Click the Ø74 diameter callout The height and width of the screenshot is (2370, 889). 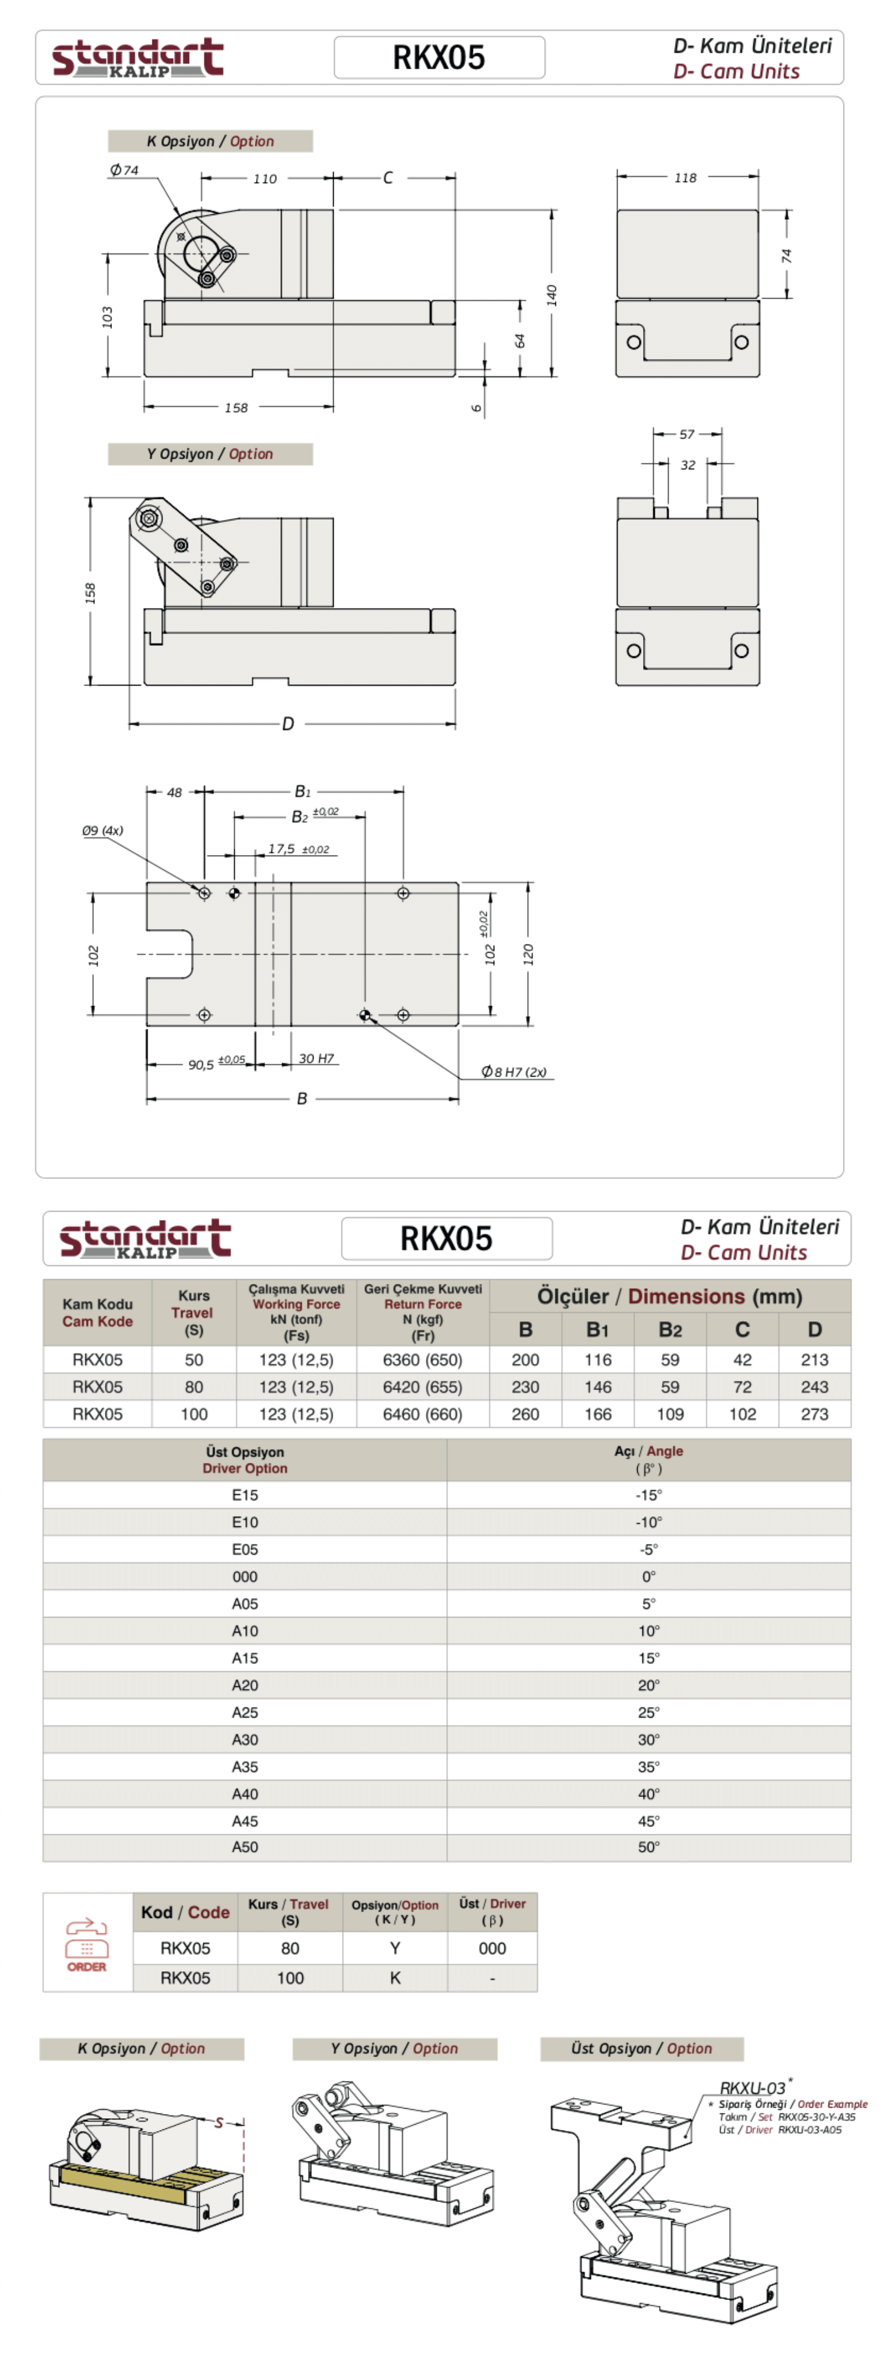[124, 170]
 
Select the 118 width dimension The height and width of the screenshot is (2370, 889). [686, 178]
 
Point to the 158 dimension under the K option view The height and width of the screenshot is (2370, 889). [236, 408]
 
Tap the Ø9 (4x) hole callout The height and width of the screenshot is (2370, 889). [102, 830]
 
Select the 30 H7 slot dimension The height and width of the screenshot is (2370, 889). [316, 1059]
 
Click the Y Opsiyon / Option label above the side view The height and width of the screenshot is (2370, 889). [210, 454]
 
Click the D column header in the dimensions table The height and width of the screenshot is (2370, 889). [814, 1330]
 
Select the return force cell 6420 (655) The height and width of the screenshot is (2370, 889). [423, 1386]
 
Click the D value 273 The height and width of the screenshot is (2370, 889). [814, 1414]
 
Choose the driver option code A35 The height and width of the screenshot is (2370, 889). [245, 1766]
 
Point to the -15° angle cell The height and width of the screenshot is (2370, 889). [649, 1495]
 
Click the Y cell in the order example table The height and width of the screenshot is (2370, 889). [395, 1948]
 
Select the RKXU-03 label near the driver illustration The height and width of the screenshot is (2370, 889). [753, 2087]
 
